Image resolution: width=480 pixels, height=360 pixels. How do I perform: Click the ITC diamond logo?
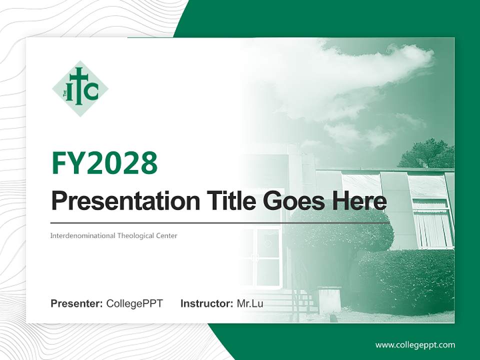point(80,89)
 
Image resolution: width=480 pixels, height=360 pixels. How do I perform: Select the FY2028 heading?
point(104,163)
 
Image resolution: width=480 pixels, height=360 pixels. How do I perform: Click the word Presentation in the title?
point(125,201)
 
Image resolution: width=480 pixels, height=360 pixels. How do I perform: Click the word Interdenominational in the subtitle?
point(82,235)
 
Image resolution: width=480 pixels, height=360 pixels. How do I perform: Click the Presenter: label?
point(76,303)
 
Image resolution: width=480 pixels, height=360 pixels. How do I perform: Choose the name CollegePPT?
point(134,303)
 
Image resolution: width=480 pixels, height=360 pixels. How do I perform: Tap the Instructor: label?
point(207,303)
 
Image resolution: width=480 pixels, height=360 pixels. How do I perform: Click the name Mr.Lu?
point(250,303)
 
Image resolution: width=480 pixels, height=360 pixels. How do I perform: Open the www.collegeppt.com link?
point(415,345)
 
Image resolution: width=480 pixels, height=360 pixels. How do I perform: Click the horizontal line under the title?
point(220,223)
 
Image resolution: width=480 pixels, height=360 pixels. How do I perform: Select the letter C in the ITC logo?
point(91,91)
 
